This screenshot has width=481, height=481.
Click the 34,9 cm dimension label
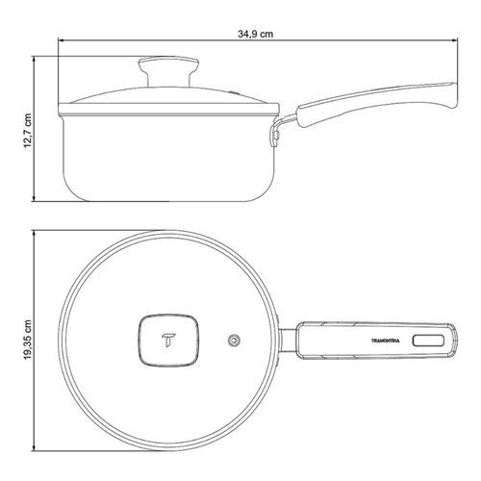[255, 34]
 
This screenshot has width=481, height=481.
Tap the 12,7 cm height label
[28, 130]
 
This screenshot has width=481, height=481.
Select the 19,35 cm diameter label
[28, 340]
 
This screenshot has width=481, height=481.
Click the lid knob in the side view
[168, 71]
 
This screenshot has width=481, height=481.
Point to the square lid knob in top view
[168, 341]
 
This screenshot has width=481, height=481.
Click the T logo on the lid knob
[168, 340]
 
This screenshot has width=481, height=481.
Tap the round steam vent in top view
[235, 341]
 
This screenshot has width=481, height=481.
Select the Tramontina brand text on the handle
[386, 341]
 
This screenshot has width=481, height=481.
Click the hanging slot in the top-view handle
[428, 341]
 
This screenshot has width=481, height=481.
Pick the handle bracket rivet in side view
[275, 136]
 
